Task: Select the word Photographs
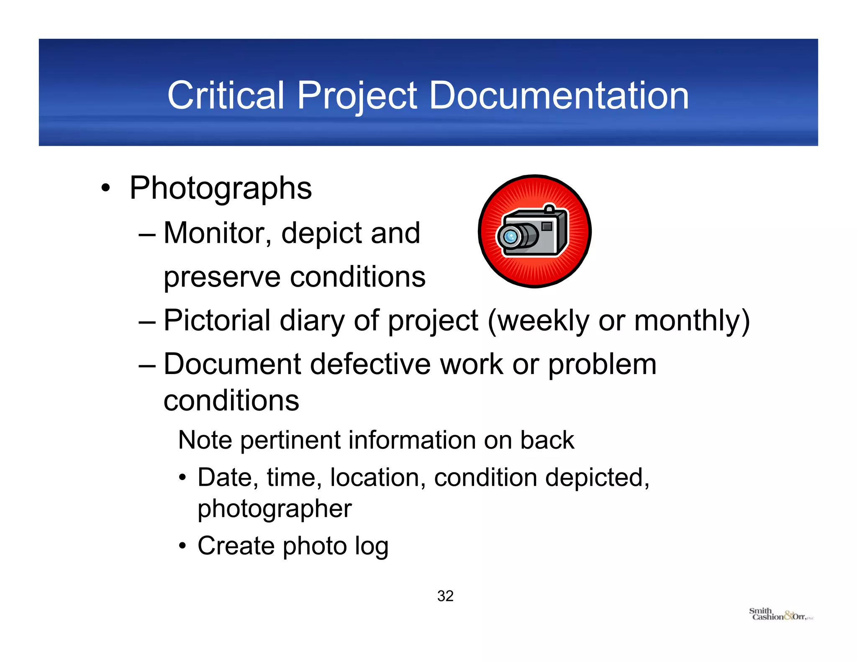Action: point(221,188)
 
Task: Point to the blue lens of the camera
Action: point(510,237)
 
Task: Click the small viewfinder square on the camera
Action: point(547,226)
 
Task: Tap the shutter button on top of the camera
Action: point(549,208)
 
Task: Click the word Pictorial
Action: point(217,321)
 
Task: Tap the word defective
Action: point(370,364)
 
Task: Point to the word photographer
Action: point(275,509)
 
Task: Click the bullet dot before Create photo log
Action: point(182,546)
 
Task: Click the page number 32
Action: point(445,596)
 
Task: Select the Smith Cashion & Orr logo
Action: point(780,614)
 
